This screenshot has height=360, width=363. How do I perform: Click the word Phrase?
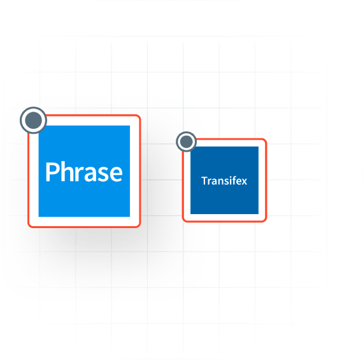pyautogui.click(x=84, y=171)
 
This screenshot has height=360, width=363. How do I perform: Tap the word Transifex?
pyautogui.click(x=224, y=181)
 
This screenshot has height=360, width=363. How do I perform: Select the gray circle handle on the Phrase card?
pyautogui.click(x=33, y=120)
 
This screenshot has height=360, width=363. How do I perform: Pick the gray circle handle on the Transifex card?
pyautogui.click(x=187, y=141)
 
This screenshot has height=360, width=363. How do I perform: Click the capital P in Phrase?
pyautogui.click(x=52, y=171)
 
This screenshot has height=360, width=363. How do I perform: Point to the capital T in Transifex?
pyautogui.click(x=204, y=181)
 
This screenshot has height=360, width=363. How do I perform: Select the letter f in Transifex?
pyautogui.click(x=232, y=180)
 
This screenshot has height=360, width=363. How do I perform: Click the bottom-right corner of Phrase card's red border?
pyautogui.click(x=139, y=227)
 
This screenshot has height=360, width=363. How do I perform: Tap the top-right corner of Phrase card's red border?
pyautogui.click(x=139, y=115)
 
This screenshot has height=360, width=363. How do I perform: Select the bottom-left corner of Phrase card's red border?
pyautogui.click(x=29, y=227)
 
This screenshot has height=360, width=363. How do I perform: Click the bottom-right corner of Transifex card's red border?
pyautogui.click(x=266, y=221)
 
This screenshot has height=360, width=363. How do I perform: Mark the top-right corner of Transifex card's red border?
pyautogui.click(x=266, y=140)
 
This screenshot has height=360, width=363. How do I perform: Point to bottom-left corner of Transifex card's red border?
pyautogui.click(x=183, y=221)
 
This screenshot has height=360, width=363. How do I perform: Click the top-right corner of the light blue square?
pyautogui.click(x=130, y=126)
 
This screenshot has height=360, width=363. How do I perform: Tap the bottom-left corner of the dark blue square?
pyautogui.click(x=190, y=214)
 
